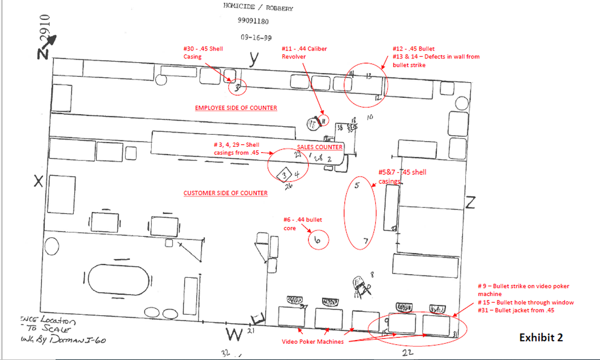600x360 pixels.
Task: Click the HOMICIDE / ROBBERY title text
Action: point(258,7)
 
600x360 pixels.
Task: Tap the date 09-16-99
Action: point(256,37)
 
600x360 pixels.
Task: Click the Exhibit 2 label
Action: point(541,337)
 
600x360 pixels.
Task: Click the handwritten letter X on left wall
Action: point(38,182)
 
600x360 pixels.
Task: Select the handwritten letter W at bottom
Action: point(234,334)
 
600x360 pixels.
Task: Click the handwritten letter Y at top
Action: point(254,61)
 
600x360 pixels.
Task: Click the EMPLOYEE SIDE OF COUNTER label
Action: point(236,108)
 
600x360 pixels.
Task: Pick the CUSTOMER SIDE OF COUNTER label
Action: point(225,193)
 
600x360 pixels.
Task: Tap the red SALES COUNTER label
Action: point(319,147)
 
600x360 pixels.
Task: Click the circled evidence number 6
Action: point(317,240)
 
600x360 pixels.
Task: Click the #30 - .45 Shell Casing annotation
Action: point(203,52)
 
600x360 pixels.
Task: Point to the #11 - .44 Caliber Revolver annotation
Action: point(304,52)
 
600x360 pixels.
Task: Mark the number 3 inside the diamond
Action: point(285,175)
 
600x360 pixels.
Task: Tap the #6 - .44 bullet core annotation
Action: point(302,224)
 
